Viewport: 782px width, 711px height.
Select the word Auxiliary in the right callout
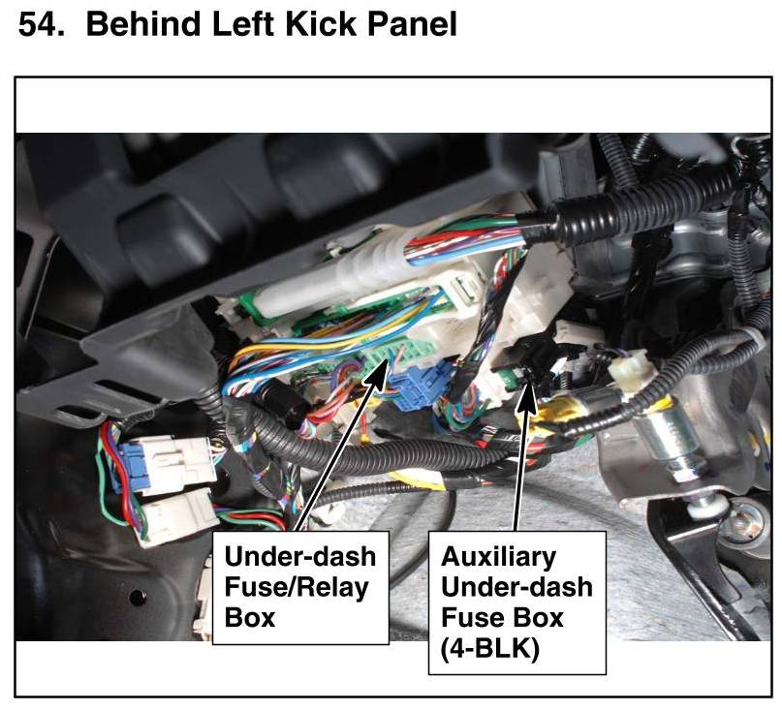[x=499, y=558]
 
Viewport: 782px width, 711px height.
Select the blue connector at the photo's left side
[x=117, y=469]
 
